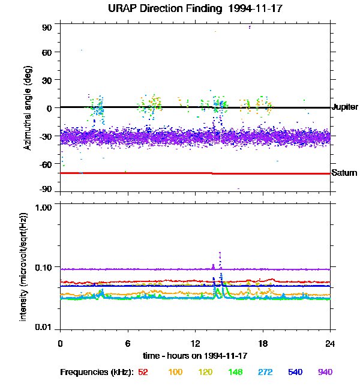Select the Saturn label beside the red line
pos(343,173)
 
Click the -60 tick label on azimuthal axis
pos(46,163)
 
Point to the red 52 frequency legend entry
pos(143,373)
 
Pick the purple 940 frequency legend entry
pos(325,373)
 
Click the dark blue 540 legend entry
pos(295,373)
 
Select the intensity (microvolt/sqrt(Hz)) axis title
pos(24,266)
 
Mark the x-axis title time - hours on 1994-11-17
pos(195,356)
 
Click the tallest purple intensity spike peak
pos(220,253)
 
